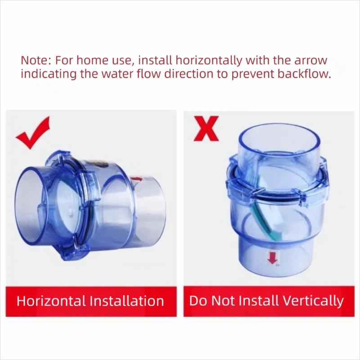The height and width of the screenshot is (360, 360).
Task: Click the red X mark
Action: click(206, 128)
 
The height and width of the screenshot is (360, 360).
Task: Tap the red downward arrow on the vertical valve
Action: click(272, 257)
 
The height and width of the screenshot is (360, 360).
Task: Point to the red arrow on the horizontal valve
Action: click(136, 179)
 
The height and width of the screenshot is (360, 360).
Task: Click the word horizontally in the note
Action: click(209, 61)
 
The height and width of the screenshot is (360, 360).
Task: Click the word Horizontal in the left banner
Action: click(51, 301)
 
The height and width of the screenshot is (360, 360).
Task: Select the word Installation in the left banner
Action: click(126, 301)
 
